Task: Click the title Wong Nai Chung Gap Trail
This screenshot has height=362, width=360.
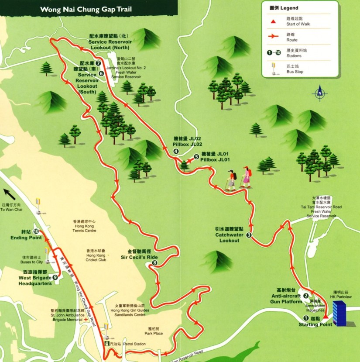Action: tap(86, 9)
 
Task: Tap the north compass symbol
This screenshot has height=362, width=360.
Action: tap(320, 92)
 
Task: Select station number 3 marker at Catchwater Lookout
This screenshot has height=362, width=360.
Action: tap(249, 235)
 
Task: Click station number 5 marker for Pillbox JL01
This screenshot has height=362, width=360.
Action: tap(196, 155)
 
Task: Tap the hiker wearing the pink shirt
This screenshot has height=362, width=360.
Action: tap(246, 176)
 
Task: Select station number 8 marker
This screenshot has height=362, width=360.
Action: tap(154, 263)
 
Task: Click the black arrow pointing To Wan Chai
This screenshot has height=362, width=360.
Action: tap(8, 193)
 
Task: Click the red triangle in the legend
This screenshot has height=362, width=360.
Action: tap(273, 21)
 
